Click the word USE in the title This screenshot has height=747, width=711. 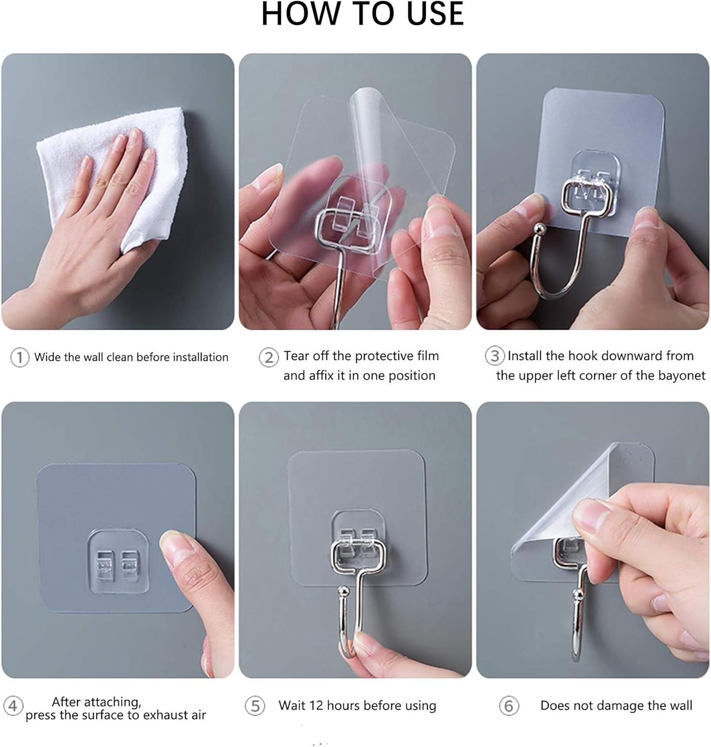pos(435,14)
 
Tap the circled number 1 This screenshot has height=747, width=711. pos(19,357)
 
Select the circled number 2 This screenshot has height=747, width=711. pos(268,358)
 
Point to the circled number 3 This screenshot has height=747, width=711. pos(494,356)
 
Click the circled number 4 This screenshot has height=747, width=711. pos(13,706)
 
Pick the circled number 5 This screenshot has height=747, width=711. pos(255,706)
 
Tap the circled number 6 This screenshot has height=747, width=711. pos(508,706)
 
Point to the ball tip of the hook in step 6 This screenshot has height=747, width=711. pos(578,594)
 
